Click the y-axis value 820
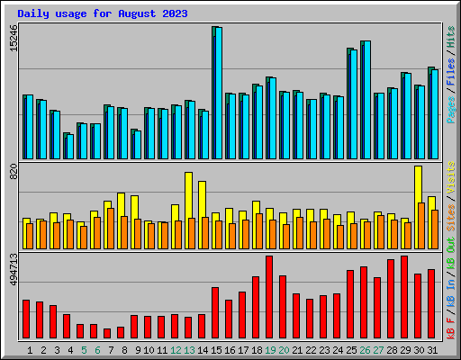coord(13,173)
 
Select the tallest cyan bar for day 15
coord(218,90)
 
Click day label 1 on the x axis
coord(30,349)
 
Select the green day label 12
coord(176,349)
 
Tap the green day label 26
coord(365,349)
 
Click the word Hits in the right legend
coord(451,40)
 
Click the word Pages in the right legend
coord(451,107)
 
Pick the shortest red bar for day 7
coord(107,333)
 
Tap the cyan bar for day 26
coord(366,99)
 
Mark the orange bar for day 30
coord(421,225)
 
